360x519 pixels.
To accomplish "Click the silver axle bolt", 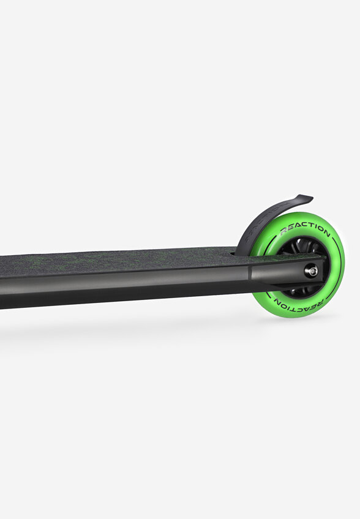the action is [x=311, y=271].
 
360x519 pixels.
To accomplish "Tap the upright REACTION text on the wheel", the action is [x=305, y=229].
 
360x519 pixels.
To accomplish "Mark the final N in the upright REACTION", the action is [x=326, y=233].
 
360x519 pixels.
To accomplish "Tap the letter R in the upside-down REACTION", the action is [x=320, y=303].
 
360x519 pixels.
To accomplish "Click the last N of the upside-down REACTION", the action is [x=278, y=301].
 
